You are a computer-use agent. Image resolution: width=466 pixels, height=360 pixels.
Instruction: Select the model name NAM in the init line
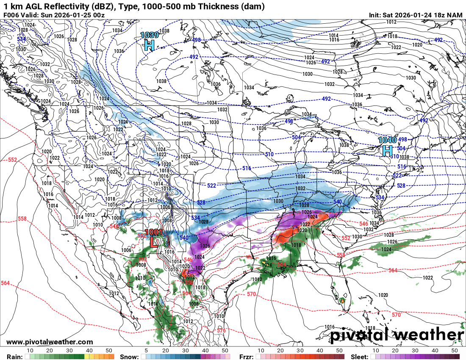pyautogui.click(x=454, y=15)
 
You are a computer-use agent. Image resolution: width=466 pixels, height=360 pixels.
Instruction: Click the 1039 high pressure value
pyautogui.click(x=149, y=35)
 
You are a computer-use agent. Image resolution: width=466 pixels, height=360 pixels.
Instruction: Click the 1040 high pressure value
pyautogui.click(x=387, y=140)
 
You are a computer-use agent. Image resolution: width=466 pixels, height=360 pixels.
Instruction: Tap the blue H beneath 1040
pyautogui.click(x=387, y=150)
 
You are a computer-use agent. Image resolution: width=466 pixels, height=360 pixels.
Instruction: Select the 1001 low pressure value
pyautogui.click(x=153, y=232)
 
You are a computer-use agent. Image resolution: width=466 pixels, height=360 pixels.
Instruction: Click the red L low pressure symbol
pyautogui.click(x=153, y=242)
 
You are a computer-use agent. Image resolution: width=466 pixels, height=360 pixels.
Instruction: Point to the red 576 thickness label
pyautogui.click(x=221, y=330)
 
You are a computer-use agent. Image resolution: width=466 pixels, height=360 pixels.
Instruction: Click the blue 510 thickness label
pyautogui.click(x=269, y=154)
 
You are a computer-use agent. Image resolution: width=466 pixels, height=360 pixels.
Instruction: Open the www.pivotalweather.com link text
pyautogui.click(x=50, y=342)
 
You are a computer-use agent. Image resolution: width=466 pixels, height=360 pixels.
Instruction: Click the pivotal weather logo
pyautogui.click(x=397, y=335)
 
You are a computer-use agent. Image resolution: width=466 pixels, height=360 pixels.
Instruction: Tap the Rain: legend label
pyautogui.click(x=11, y=357)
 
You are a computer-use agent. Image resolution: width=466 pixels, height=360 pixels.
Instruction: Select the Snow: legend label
pyautogui.click(x=129, y=357)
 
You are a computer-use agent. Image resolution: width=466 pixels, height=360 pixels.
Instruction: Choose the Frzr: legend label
pyautogui.click(x=246, y=357)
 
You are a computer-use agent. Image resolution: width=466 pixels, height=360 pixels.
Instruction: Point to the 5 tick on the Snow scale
pyautogui.click(x=146, y=351)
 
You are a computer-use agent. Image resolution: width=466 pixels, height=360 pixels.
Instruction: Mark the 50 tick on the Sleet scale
pyautogui.click(x=455, y=351)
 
